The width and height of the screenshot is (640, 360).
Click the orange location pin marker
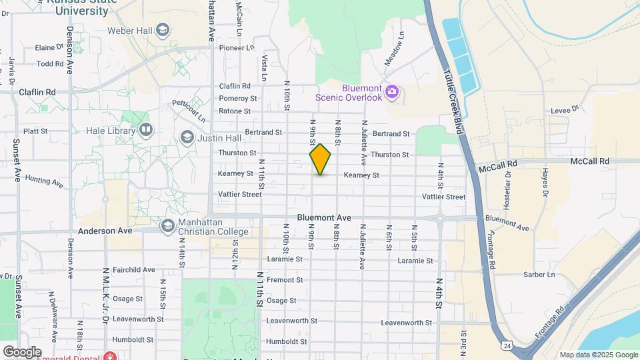coord(321,159)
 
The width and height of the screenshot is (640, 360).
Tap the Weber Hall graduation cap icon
coord(163,30)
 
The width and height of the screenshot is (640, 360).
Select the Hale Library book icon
coord(145,129)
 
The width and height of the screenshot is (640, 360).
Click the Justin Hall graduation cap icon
coord(187,137)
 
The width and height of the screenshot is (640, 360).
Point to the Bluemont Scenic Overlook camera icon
coord(392,91)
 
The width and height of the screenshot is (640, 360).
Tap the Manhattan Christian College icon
coord(167,227)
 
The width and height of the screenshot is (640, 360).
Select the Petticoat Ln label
coord(189,110)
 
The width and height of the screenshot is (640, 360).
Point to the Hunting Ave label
coord(44,181)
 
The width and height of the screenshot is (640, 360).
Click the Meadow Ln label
coord(394,49)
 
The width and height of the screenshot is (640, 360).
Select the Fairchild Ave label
coord(133,270)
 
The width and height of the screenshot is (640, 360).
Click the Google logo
coord(22,351)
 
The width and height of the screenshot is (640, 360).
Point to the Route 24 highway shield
coord(507,345)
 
